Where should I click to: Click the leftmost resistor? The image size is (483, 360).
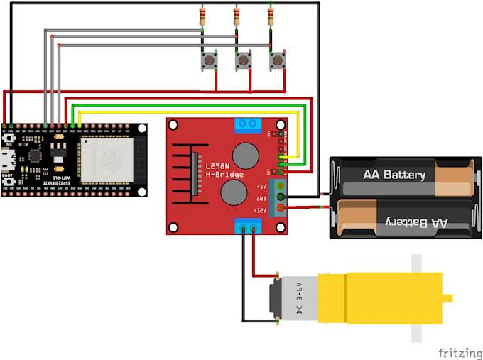[203, 16]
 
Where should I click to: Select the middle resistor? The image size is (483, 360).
[237, 16]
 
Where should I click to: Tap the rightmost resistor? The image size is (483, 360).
[271, 16]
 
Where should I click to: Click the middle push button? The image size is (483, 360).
[244, 62]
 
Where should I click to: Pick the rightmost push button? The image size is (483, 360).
[277, 62]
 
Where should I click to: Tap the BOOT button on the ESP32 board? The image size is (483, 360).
[9, 182]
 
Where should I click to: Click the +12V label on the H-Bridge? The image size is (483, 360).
[261, 210]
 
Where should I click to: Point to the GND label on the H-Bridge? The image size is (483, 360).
[261, 199]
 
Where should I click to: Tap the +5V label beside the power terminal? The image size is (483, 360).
[261, 187]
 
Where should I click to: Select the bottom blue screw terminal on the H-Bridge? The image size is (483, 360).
[247, 227]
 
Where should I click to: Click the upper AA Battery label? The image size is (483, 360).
[394, 175]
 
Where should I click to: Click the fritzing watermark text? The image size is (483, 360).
[457, 351]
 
